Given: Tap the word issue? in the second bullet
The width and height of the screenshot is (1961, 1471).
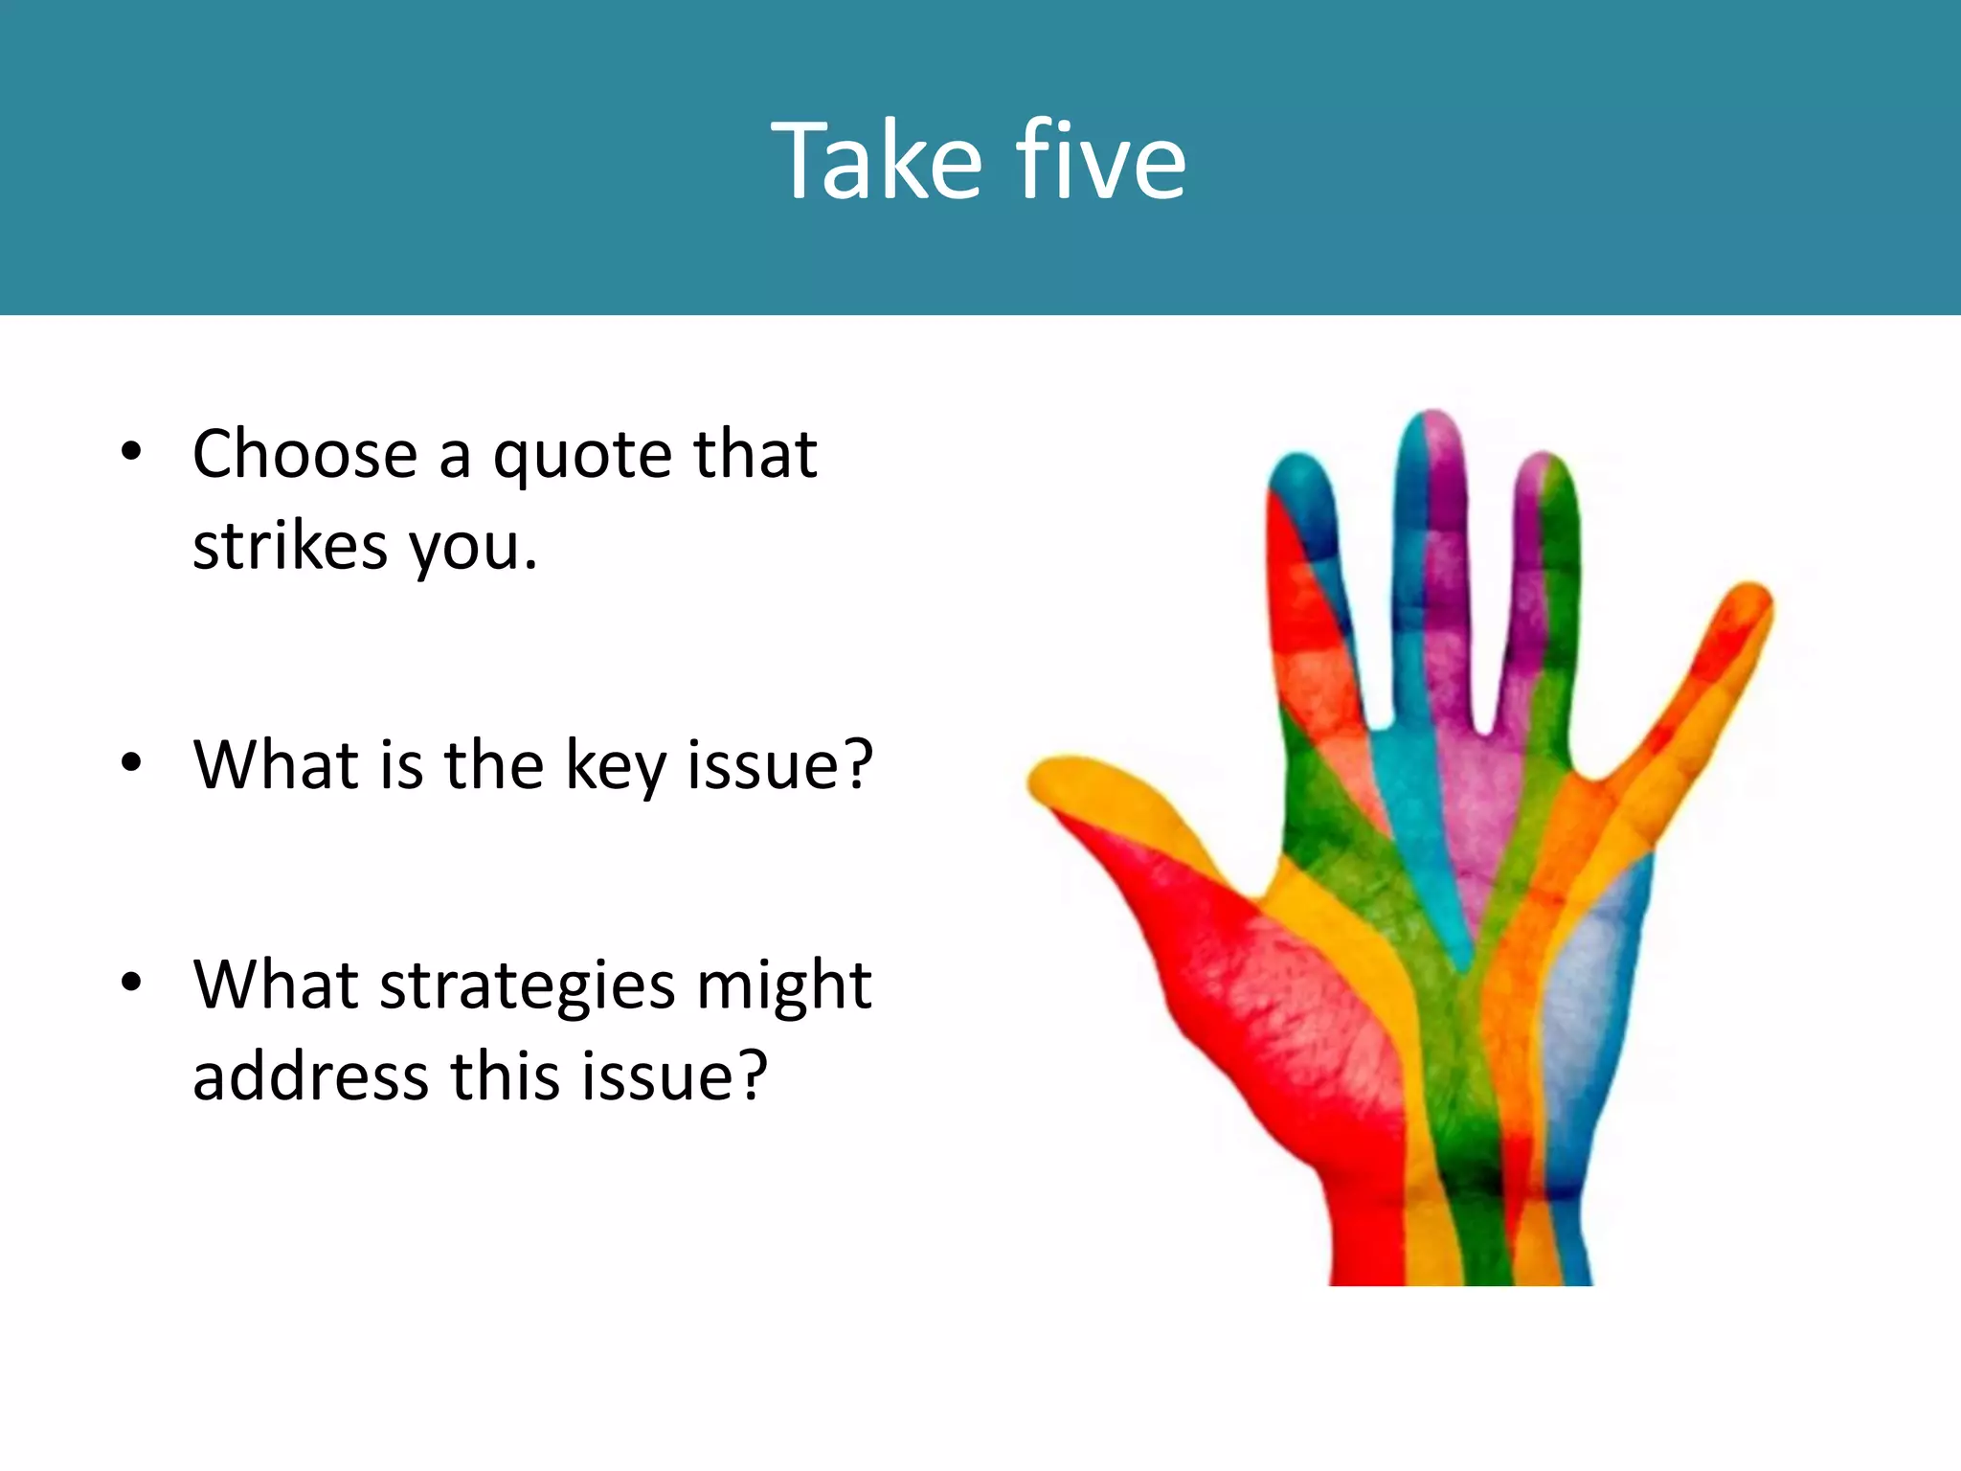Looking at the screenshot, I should pos(779,765).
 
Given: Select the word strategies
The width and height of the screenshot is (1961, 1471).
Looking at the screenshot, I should pos(528,987).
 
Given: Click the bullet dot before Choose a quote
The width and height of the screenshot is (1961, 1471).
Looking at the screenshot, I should pos(131,451).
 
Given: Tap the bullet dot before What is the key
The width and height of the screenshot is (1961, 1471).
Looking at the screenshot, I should pos(131,763).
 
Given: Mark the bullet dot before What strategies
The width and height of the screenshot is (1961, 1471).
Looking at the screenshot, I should pos(131,982).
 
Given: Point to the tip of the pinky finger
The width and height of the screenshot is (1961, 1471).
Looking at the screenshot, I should pos(1751,599).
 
